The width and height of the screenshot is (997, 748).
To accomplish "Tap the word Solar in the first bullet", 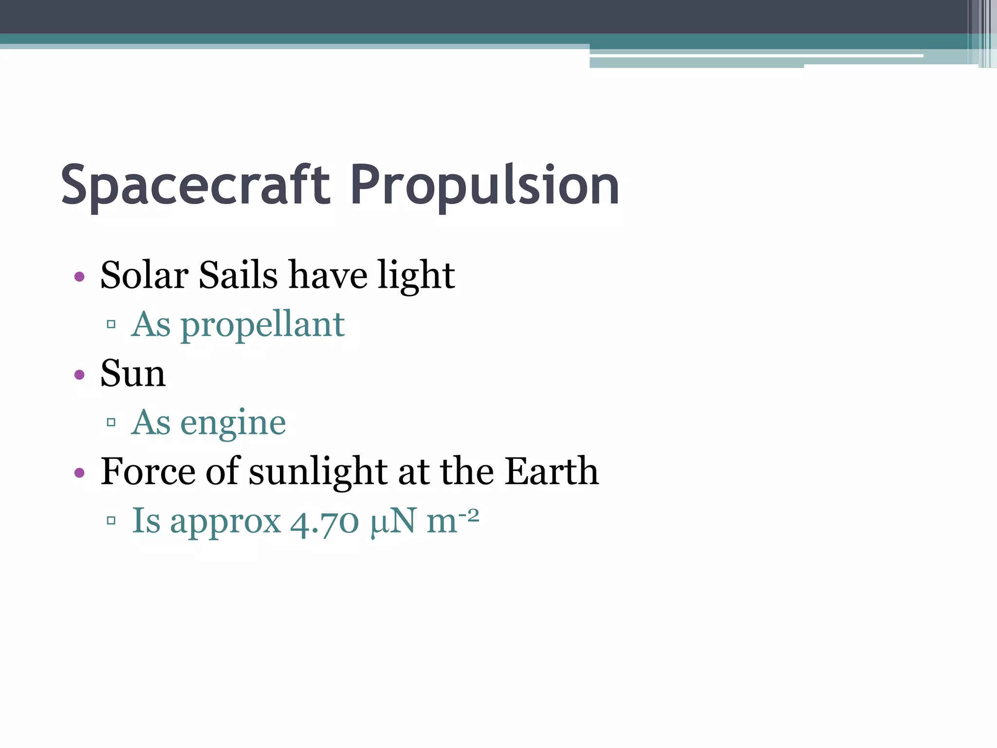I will pyautogui.click(x=144, y=275).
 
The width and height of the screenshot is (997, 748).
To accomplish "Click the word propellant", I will pyautogui.click(x=263, y=325).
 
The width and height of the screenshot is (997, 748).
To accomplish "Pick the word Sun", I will pyautogui.click(x=133, y=374).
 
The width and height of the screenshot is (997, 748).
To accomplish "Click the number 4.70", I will pyautogui.click(x=325, y=522).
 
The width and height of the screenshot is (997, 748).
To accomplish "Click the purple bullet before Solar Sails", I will pyautogui.click(x=79, y=277).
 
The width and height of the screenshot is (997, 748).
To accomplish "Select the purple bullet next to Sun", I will pyautogui.click(x=79, y=375).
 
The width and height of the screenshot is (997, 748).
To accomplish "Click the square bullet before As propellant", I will pyautogui.click(x=111, y=324).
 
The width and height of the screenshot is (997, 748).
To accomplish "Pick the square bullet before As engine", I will pyautogui.click(x=111, y=422).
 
